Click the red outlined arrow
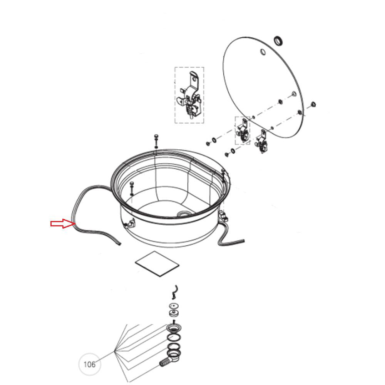(x=63, y=223)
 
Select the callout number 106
(x=89, y=364)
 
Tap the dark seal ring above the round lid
(x=279, y=41)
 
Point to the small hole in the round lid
(x=263, y=52)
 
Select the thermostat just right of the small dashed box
(x=261, y=142)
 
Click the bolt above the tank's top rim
(x=156, y=141)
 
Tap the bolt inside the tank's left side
(x=132, y=188)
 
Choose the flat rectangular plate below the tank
(x=157, y=264)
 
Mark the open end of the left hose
(x=120, y=244)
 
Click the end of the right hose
(x=243, y=241)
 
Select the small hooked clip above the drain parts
(x=174, y=292)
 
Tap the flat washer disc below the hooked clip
(x=174, y=306)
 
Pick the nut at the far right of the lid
(x=313, y=104)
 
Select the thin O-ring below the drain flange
(x=174, y=337)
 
